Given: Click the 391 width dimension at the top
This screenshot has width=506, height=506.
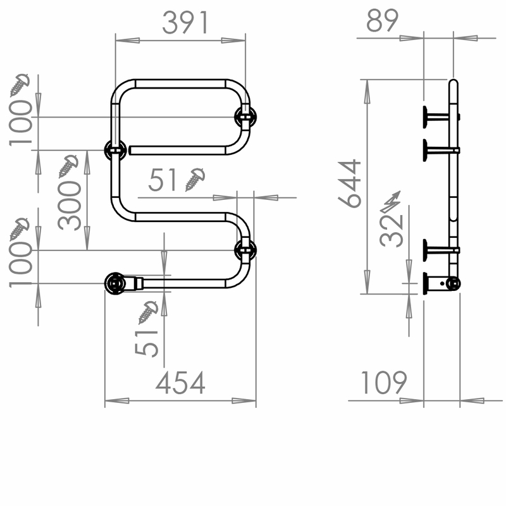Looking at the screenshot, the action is pos(185,23).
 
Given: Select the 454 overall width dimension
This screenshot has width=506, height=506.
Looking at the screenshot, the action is pos(180,383).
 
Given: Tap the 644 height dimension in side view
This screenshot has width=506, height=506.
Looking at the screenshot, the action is pos(350,183).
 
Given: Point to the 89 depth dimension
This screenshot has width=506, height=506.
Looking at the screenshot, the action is pos(383,21).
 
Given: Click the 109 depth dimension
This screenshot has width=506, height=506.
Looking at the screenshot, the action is pos(384,383).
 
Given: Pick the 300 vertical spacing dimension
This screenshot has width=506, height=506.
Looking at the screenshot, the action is pos(69,206).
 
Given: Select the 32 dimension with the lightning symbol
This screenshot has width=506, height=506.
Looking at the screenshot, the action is pos(392,231).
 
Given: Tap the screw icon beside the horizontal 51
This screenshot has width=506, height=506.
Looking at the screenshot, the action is pos(195,180).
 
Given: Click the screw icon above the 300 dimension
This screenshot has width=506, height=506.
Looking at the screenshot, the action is pos(68,166).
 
